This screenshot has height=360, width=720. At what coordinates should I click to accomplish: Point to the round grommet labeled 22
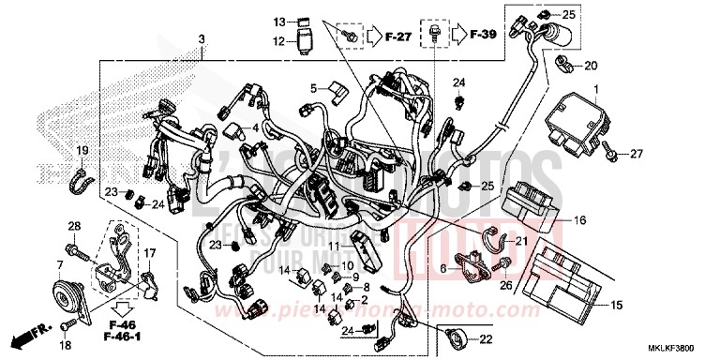coord(457,337)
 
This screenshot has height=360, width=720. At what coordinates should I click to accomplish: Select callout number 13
coord(279,21)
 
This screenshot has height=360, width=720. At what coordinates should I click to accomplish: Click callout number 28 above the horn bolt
coord(74,227)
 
